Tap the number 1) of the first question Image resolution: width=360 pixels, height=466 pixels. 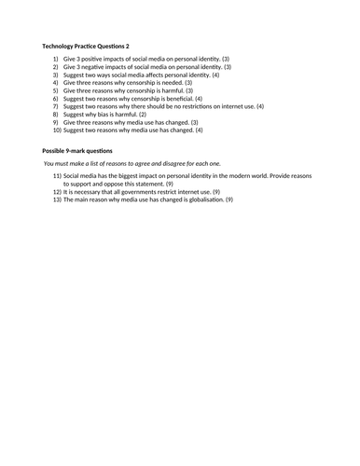(x=54, y=59)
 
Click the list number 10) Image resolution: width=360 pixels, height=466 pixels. (x=53, y=130)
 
